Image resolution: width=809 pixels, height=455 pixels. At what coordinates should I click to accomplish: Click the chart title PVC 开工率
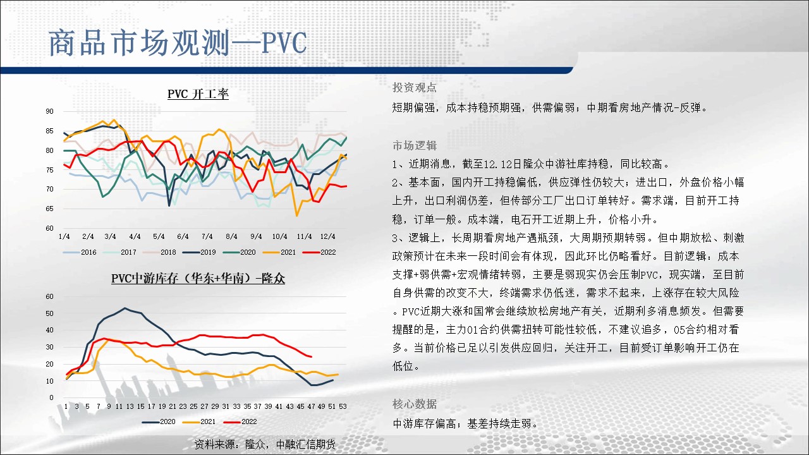[198, 94]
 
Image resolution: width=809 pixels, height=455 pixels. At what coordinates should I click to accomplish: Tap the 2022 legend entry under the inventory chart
[240, 422]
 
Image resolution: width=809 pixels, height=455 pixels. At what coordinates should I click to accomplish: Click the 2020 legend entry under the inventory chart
[159, 422]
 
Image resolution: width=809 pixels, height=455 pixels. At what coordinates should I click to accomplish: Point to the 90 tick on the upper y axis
[49, 111]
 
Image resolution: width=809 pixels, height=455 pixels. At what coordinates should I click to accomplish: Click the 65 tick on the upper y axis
[49, 209]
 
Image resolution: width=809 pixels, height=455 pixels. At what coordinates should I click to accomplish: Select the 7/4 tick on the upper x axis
[207, 236]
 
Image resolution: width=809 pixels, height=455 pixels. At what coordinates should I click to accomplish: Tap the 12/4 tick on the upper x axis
[327, 236]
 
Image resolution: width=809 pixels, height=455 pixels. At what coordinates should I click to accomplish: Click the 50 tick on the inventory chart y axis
[49, 313]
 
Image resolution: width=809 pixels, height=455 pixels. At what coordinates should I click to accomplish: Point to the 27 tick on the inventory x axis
[204, 406]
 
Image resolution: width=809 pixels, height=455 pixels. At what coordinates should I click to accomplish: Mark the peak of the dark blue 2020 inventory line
[125, 308]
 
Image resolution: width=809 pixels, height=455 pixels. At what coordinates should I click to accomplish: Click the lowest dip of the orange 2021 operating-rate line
[297, 215]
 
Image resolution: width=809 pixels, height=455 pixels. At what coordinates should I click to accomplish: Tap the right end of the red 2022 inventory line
[312, 357]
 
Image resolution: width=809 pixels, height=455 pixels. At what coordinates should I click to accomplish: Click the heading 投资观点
[414, 87]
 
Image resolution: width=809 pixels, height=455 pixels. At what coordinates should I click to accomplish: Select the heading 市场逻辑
[414, 145]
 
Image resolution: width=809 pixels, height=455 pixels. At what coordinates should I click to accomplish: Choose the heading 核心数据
[414, 404]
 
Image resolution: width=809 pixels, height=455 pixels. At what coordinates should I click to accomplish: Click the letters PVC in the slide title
[284, 43]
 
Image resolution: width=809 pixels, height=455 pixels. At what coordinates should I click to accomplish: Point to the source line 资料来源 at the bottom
[265, 444]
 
